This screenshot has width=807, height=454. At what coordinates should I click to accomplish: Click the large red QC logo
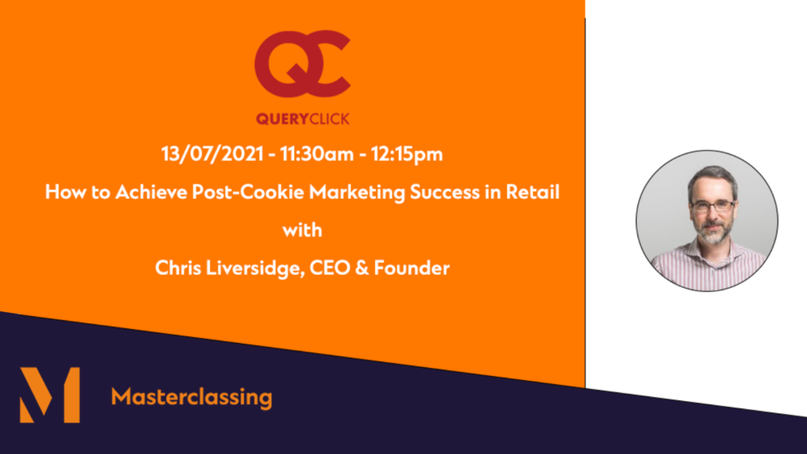click(x=302, y=64)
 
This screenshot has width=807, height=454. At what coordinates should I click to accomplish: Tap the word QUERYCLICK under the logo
click(x=303, y=119)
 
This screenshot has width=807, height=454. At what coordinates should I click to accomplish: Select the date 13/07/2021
click(x=213, y=154)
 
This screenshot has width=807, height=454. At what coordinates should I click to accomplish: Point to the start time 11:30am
click(x=317, y=154)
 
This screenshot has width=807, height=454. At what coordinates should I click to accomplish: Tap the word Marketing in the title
click(x=357, y=192)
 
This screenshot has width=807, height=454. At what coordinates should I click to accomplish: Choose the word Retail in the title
click(x=533, y=192)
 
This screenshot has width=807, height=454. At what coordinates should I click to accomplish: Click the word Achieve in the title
click(x=151, y=192)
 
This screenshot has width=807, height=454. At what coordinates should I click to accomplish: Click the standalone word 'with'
click(x=303, y=230)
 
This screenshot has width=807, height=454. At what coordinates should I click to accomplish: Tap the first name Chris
click(x=178, y=268)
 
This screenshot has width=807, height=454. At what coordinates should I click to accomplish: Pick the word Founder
click(x=411, y=268)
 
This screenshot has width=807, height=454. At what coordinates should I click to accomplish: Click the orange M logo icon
click(x=50, y=395)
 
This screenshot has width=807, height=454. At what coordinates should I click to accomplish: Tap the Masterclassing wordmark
click(x=192, y=397)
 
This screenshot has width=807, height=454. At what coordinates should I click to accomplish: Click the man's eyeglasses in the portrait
click(x=712, y=207)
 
